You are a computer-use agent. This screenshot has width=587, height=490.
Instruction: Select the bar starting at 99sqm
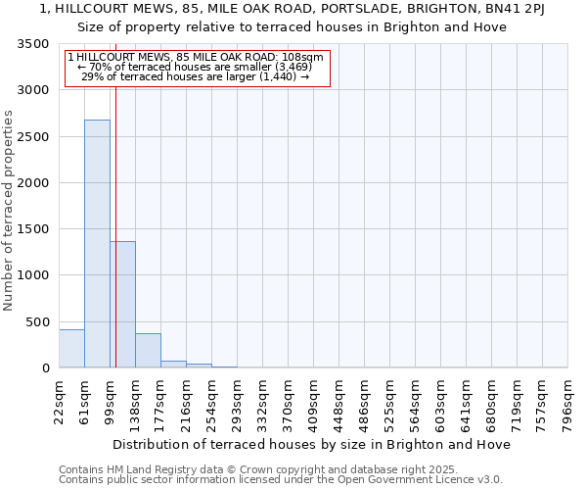coord(122,304)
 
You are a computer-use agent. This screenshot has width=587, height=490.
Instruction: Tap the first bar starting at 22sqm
coord(71,349)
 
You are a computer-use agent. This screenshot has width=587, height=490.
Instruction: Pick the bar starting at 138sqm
coord(148,351)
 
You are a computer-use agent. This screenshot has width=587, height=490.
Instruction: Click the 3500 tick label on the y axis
coord(33,45)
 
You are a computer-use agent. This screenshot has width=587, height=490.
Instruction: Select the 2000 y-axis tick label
coord(33,183)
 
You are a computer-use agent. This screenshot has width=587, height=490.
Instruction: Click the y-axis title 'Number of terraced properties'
coord(9,210)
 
